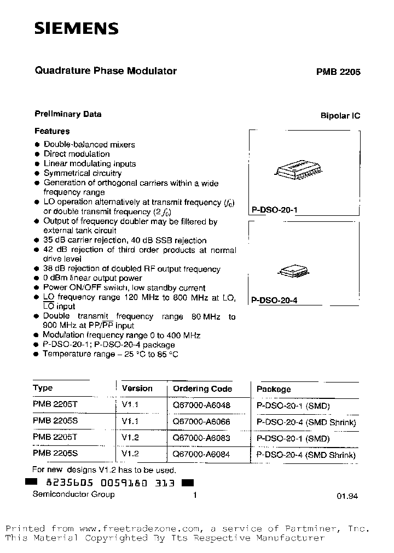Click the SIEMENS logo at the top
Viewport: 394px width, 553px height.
pos(76,29)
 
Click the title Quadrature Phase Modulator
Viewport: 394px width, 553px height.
pos(106,71)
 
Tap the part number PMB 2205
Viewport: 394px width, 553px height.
pos(338,72)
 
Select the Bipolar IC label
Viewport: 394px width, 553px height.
pos(340,116)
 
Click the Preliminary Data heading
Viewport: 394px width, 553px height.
pos(68,114)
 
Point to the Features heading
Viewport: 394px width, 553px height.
pos(52,131)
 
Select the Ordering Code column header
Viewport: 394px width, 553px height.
pos(202,389)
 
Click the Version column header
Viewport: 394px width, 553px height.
pos(137,389)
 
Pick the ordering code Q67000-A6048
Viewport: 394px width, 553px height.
pos(201,406)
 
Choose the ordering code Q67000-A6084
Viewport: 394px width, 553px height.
pos(201,455)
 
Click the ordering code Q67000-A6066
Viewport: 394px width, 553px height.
pos(201,422)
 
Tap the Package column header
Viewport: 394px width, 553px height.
pos(274,389)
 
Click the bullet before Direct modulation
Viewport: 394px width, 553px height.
pos(37,154)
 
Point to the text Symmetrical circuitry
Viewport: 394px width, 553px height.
pos(83,173)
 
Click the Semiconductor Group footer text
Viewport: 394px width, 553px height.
pos(74,494)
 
